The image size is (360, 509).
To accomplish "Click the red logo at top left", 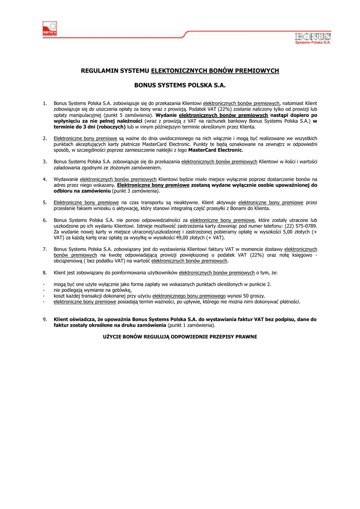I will tap(50, 29).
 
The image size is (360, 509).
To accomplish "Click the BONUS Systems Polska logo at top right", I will tap(312, 38).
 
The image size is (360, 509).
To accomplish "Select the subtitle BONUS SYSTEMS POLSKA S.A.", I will tap(180, 86).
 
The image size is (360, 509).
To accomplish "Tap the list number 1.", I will tap(45, 103).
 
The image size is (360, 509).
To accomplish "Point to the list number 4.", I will tap(45, 179).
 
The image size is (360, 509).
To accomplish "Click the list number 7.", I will tap(45, 249).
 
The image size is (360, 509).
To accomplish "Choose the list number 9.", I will tap(45, 320).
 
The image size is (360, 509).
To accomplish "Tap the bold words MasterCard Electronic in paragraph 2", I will tap(215, 150).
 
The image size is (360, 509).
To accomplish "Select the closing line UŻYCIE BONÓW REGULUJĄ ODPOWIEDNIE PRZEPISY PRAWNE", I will tap(180, 337).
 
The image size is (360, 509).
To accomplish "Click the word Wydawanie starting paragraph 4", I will tap(66, 179).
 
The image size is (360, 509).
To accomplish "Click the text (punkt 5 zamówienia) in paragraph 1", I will tap(114, 115).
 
